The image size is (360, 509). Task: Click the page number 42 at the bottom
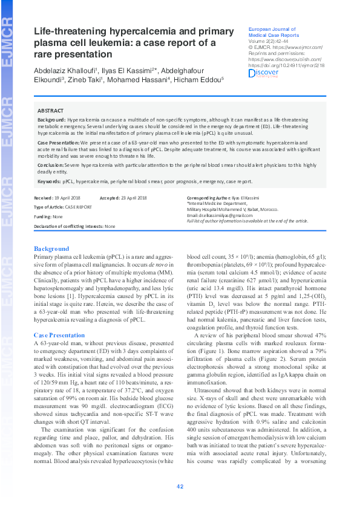tap(180, 487)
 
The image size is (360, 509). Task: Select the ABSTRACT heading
tap(51, 111)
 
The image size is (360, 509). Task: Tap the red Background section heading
tap(51, 248)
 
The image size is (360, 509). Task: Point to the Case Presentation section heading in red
tap(59, 334)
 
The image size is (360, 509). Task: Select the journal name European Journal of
tap(272, 29)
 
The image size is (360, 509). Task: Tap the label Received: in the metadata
tap(43, 198)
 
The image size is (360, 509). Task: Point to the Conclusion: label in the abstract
tap(51, 164)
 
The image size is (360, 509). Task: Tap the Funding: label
tap(42, 216)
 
